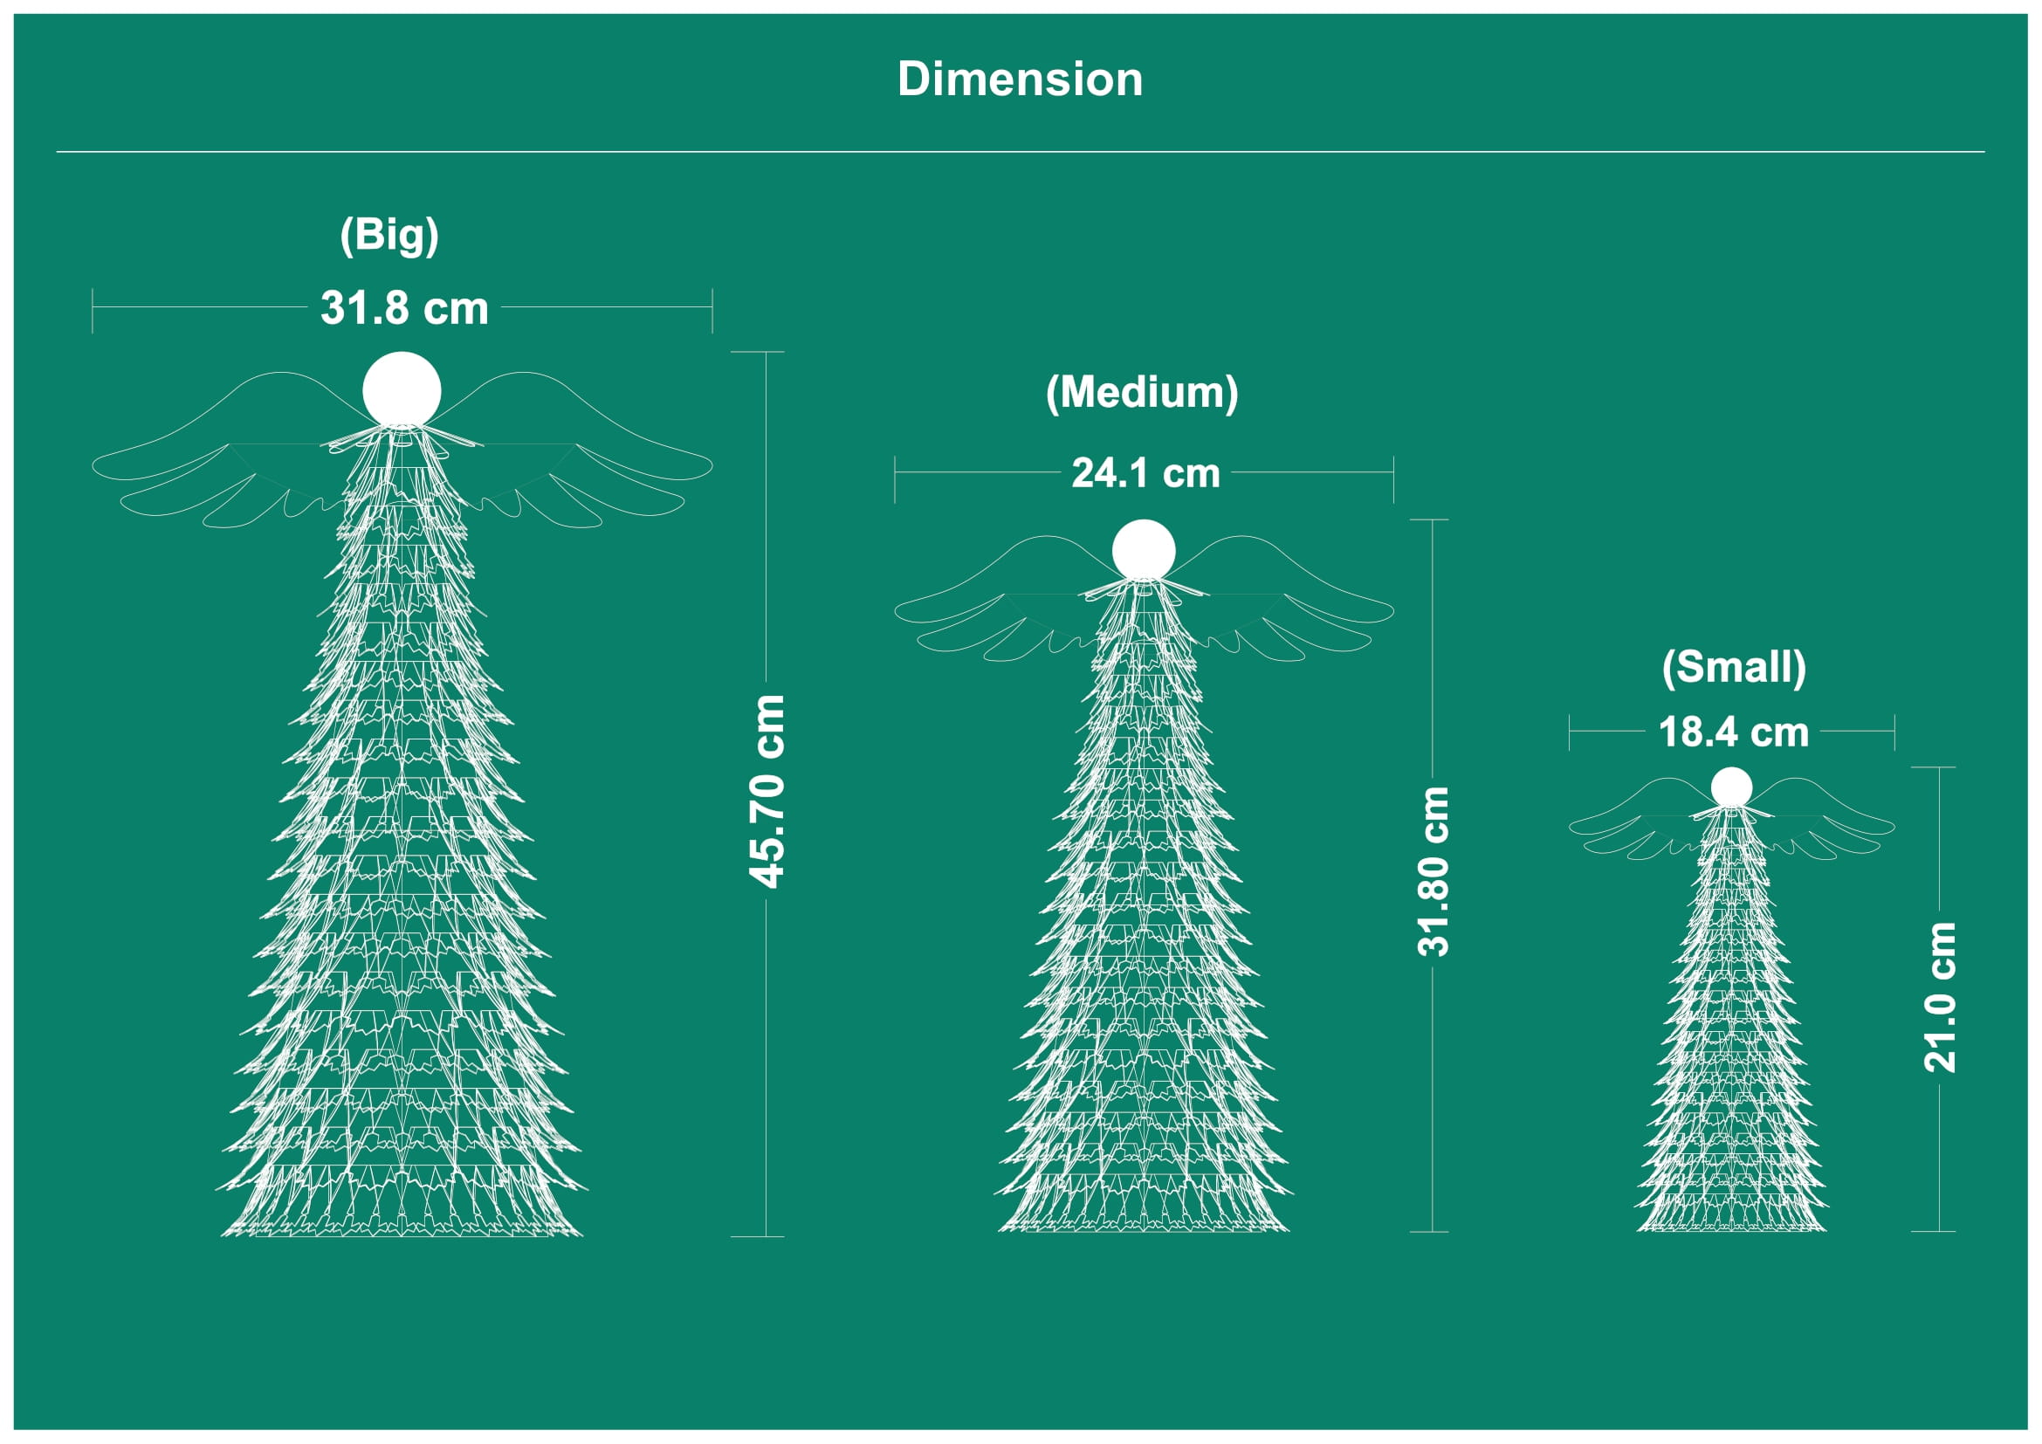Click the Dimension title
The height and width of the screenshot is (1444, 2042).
[x=1020, y=79]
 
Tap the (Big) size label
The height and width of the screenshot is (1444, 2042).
[x=389, y=236]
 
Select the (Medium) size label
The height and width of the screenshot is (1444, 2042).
[x=1142, y=393]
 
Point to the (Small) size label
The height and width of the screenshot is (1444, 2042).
[x=1734, y=667]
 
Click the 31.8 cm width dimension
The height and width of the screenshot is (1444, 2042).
[x=405, y=308]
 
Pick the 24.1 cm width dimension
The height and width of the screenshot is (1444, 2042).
[x=1145, y=473]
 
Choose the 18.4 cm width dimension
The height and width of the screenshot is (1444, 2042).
[x=1734, y=732]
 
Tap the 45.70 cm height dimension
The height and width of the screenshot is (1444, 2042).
[x=767, y=791]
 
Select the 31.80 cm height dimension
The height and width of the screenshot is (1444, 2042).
[x=1433, y=871]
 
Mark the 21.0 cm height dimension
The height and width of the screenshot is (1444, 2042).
[x=1940, y=997]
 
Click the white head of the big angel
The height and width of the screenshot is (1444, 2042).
[x=402, y=389]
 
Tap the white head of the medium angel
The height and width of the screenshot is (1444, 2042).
[x=1144, y=549]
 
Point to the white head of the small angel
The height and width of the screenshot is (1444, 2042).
[x=1730, y=787]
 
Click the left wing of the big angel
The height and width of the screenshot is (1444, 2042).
[x=223, y=453]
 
